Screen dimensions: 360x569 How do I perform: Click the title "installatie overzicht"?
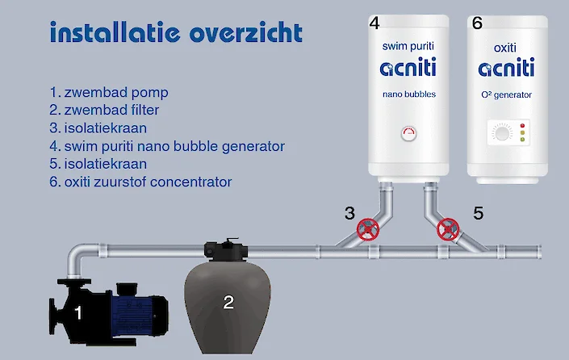pyautogui.click(x=176, y=33)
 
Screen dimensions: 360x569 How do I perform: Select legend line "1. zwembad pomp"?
pyautogui.click(x=109, y=91)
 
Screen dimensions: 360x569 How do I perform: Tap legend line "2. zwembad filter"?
pyautogui.click(x=106, y=109)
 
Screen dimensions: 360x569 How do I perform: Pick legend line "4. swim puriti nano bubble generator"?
pyautogui.click(x=167, y=146)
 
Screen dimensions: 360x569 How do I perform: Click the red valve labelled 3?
pyautogui.click(x=369, y=229)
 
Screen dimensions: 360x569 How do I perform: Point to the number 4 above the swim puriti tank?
pyautogui.click(x=374, y=23)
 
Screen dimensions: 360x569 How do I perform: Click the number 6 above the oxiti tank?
pyautogui.click(x=477, y=23)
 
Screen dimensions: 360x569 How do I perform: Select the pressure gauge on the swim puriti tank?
pyautogui.click(x=408, y=132)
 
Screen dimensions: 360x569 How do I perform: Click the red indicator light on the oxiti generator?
pyautogui.click(x=522, y=126)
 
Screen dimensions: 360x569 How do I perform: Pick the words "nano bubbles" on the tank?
pyautogui.click(x=408, y=94)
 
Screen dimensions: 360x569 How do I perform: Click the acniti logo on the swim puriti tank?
pyautogui.click(x=408, y=69)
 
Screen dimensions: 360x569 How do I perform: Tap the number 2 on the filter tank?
pyautogui.click(x=228, y=303)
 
